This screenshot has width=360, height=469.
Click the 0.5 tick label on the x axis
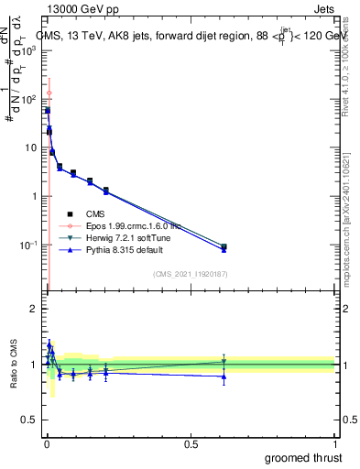[191, 443]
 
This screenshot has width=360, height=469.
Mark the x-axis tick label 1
[334, 443]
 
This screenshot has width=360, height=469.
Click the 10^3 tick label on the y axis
[28, 50]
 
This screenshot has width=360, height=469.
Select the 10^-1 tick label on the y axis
[28, 245]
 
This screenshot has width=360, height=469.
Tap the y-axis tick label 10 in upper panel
[30, 147]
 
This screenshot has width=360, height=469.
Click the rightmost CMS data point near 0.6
[224, 246]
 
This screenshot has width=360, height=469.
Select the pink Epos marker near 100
[49, 93]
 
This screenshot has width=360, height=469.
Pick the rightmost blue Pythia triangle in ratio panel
[224, 376]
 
